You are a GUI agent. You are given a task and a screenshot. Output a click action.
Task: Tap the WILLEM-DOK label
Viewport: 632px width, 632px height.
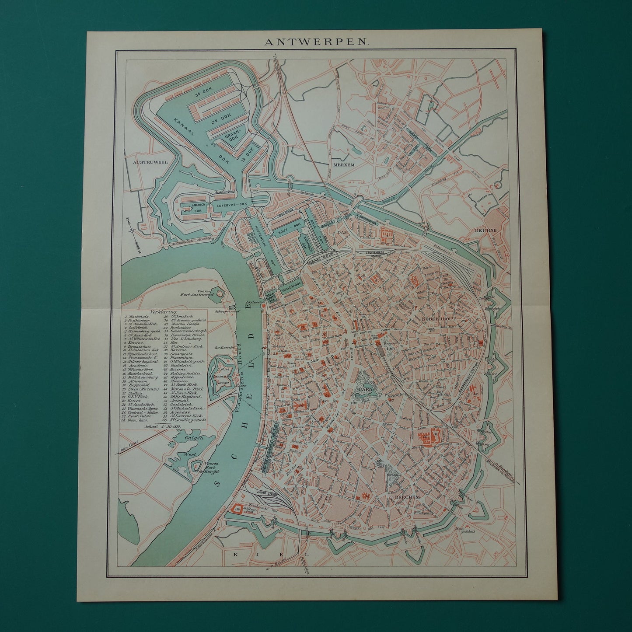292,289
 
